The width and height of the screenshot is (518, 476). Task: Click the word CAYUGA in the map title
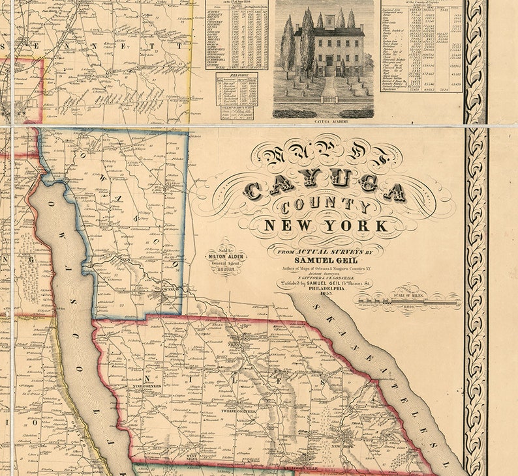(324, 189)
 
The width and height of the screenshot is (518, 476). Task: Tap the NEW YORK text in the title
(326, 227)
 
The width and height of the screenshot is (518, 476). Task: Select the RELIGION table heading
(236, 76)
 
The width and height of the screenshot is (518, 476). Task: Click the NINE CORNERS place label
(147, 386)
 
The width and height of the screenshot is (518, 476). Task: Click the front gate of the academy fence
(329, 99)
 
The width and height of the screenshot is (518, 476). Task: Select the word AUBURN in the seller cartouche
(226, 268)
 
